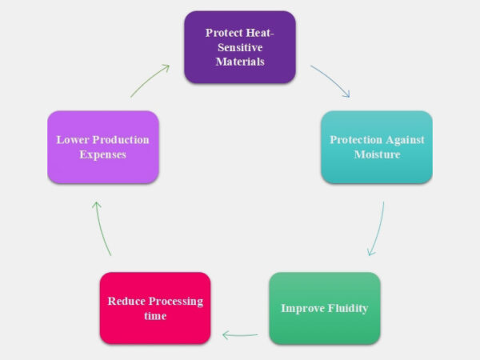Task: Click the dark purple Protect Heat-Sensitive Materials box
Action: click(x=240, y=47)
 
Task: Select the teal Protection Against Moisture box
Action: click(x=376, y=147)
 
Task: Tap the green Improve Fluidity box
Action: click(x=324, y=308)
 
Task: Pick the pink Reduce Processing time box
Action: click(x=155, y=308)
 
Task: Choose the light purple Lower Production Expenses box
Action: click(x=102, y=147)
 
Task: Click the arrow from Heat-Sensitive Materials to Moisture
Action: click(x=330, y=80)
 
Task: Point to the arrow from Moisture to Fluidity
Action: click(x=378, y=229)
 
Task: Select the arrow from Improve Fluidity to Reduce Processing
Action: click(x=240, y=334)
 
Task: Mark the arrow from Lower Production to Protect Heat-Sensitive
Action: click(x=150, y=80)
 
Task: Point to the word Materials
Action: click(x=240, y=62)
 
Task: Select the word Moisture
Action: click(x=377, y=154)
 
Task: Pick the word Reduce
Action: click(x=126, y=302)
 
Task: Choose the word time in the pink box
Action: click(x=155, y=316)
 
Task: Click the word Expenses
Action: click(x=102, y=154)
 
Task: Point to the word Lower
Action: click(x=72, y=140)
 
